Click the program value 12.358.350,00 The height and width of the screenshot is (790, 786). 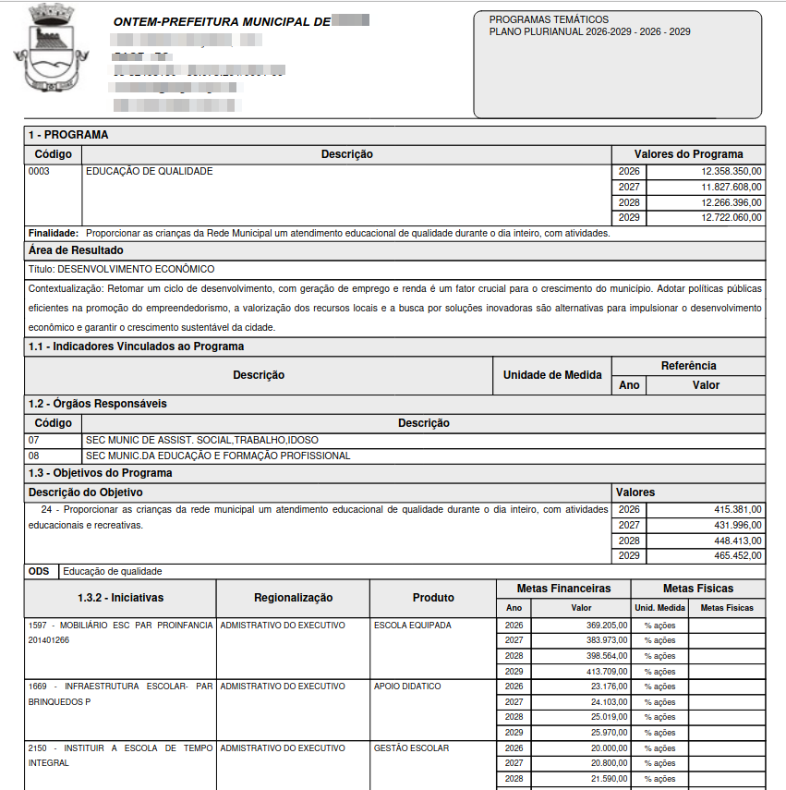pyautogui.click(x=732, y=172)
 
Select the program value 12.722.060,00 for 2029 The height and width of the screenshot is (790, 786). pyautogui.click(x=732, y=218)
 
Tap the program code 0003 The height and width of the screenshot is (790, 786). pyautogui.click(x=39, y=172)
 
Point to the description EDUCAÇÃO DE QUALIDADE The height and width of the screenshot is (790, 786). pyautogui.click(x=150, y=172)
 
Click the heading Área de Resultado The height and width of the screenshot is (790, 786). pyautogui.click(x=76, y=250)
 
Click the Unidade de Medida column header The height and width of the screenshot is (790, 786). pyautogui.click(x=552, y=375)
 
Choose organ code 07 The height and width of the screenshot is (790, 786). pyautogui.click(x=34, y=440)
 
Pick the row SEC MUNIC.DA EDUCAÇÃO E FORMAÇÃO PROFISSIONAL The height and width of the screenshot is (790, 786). pyautogui.click(x=218, y=456)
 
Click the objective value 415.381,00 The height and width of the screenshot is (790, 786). pyautogui.click(x=737, y=509)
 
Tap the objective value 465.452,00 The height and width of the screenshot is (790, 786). pyautogui.click(x=737, y=556)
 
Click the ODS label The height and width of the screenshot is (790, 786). pyautogui.click(x=39, y=571)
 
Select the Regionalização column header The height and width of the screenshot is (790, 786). pyautogui.click(x=293, y=598)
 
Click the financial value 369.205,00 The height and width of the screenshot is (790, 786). pyautogui.click(x=606, y=626)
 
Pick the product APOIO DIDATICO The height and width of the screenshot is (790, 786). pyautogui.click(x=407, y=687)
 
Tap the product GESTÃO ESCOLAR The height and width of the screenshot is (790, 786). pyautogui.click(x=411, y=747)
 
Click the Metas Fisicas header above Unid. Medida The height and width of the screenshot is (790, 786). pyautogui.click(x=698, y=588)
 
